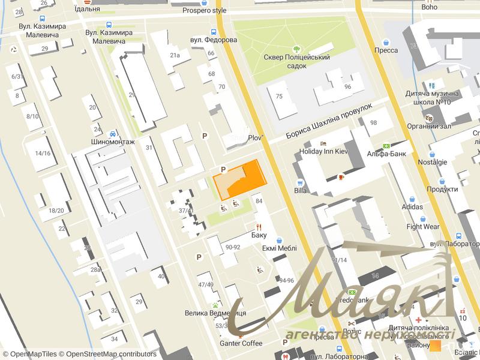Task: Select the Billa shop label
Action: (x=301, y=191)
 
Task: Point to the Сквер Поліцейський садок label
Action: (x=297, y=58)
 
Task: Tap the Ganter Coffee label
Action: (x=241, y=343)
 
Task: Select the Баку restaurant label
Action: (x=259, y=235)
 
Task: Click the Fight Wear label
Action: (x=423, y=227)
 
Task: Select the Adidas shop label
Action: (x=412, y=207)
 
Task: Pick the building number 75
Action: (x=278, y=97)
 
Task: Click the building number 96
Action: (x=347, y=86)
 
